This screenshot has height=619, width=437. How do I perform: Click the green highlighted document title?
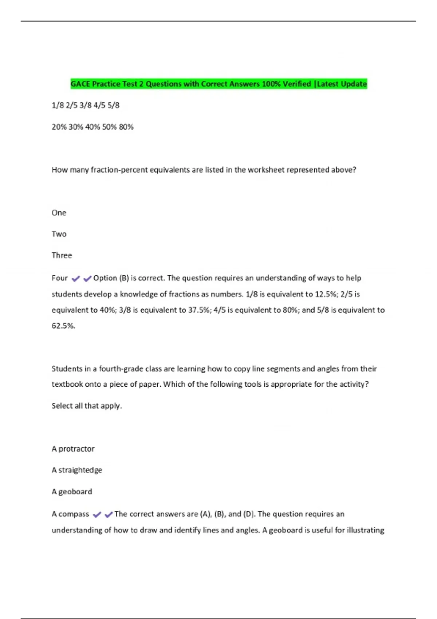point(219,84)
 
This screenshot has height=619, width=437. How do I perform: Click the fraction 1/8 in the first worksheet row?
point(58,105)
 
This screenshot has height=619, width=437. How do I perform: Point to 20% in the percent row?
point(59,127)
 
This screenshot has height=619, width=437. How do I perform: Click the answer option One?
point(59,213)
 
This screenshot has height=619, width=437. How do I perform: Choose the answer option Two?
point(59,234)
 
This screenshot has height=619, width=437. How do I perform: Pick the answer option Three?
point(62,255)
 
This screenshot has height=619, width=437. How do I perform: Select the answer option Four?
point(60,278)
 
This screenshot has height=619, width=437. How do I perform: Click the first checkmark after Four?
point(76,279)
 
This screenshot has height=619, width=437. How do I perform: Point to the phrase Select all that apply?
point(87,406)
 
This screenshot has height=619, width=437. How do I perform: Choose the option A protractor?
point(73,449)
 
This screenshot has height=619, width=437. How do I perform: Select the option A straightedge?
point(77,470)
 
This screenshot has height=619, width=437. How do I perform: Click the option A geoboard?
point(72,492)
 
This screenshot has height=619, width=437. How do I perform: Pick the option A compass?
point(70,514)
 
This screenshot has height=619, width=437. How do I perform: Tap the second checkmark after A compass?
point(109,515)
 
